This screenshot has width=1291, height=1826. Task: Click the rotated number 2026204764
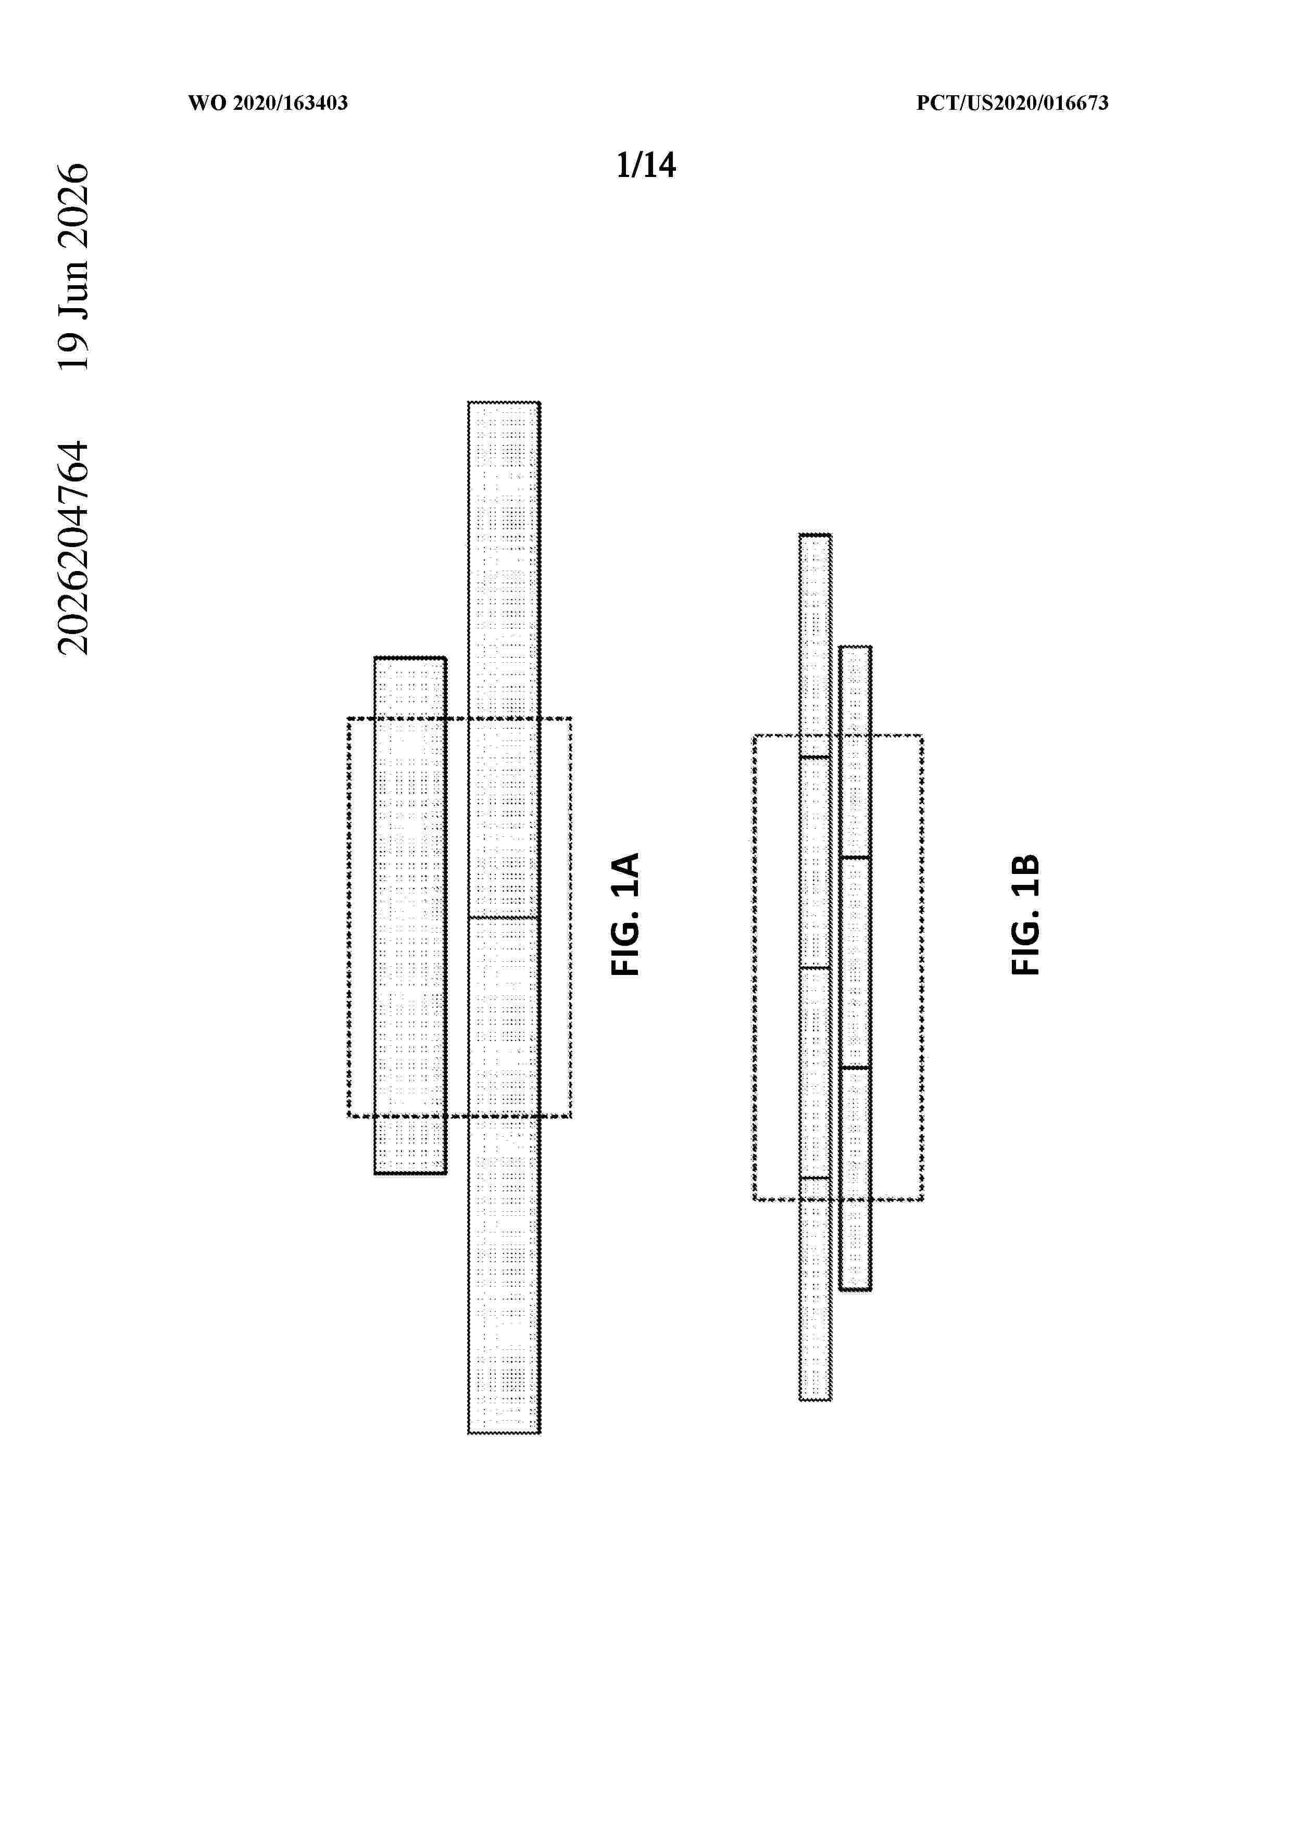tap(74, 548)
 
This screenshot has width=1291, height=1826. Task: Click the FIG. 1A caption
tap(625, 914)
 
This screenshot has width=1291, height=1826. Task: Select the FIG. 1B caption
tap(1025, 914)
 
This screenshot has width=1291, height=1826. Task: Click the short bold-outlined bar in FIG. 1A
tap(410, 916)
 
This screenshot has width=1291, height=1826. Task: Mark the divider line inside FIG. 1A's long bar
tap(504, 918)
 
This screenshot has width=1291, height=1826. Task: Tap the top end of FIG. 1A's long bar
tap(504, 402)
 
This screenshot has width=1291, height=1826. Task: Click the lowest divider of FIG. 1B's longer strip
tap(816, 1178)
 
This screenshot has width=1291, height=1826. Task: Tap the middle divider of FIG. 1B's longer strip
tap(816, 968)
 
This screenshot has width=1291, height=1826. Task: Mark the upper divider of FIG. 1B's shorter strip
tap(855, 857)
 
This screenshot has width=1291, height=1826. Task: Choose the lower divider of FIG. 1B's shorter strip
tap(855, 1067)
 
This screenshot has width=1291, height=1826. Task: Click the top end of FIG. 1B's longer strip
tap(816, 535)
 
